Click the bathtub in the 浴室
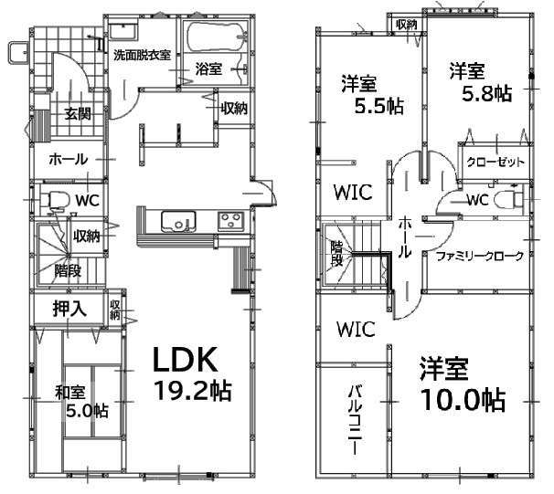[217, 37]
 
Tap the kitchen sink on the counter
[178, 222]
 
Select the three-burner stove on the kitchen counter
[230, 221]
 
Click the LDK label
[185, 360]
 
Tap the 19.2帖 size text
[193, 391]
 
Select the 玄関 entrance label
[78, 113]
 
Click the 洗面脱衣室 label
[142, 55]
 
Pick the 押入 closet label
[69, 308]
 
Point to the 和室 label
[70, 393]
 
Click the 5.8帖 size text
[487, 94]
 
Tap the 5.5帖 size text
[379, 105]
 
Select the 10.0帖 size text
[463, 400]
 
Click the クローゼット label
[495, 163]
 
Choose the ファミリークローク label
[480, 256]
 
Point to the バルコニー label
[356, 419]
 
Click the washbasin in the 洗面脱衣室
[123, 31]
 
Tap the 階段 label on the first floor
[68, 270]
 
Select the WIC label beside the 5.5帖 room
[353, 193]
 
